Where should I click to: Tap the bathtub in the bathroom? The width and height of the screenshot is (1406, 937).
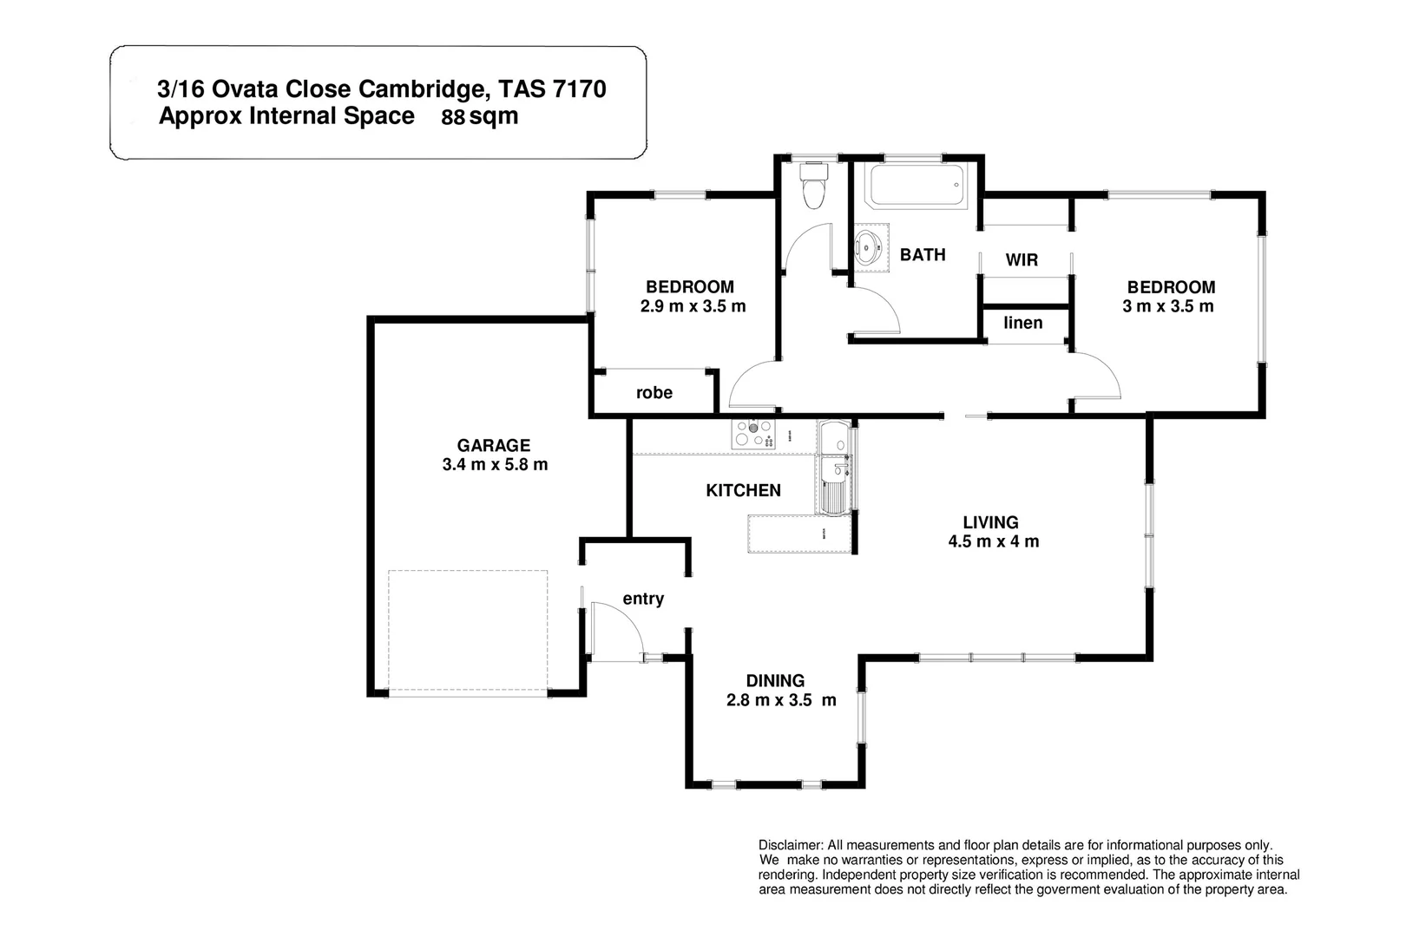click(x=917, y=185)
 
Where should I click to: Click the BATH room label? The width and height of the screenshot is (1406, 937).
click(x=922, y=255)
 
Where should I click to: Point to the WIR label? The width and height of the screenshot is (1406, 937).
click(x=1022, y=260)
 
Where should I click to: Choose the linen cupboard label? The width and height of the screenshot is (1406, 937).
click(x=1022, y=324)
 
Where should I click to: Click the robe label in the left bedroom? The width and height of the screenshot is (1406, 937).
click(x=654, y=393)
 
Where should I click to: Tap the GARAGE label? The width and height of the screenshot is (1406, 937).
click(x=493, y=446)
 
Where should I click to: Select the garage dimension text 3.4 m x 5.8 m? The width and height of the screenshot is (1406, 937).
click(x=495, y=465)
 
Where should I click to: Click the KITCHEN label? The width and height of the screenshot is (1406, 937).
click(x=743, y=491)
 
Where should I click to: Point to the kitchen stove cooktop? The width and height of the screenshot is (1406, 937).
click(x=752, y=433)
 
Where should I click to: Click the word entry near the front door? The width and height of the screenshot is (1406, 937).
click(x=643, y=600)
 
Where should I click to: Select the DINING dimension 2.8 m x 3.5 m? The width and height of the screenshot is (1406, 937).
click(x=781, y=701)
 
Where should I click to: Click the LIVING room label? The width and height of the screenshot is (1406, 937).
click(x=990, y=522)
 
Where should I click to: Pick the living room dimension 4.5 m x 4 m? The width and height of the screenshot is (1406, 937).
click(x=993, y=542)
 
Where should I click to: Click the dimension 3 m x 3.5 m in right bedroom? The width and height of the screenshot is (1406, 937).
click(x=1168, y=306)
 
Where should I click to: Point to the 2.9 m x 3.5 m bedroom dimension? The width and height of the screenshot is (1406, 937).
click(x=693, y=306)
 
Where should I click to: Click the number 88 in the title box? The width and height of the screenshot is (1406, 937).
click(x=453, y=119)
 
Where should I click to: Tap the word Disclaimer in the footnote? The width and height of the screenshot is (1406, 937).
click(x=790, y=845)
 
